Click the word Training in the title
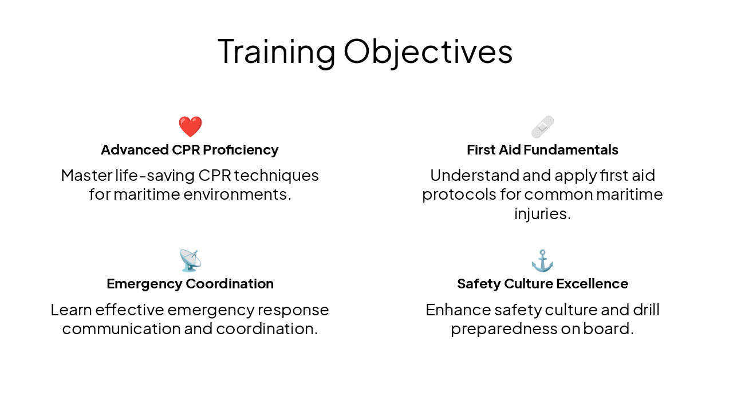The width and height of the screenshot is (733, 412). (276, 51)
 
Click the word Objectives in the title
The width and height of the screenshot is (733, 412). (428, 51)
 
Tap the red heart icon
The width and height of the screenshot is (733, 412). (190, 126)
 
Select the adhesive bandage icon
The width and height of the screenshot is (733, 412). (542, 126)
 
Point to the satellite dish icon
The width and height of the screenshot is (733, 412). (190, 261)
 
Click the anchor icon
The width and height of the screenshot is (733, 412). (542, 261)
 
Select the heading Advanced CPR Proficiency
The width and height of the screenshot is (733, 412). (190, 150)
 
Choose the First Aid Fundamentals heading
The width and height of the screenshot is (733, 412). (542, 150)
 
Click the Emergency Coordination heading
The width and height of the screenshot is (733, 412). (190, 284)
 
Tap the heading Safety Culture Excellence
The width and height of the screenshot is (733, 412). (542, 284)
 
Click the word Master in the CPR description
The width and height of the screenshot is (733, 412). (86, 175)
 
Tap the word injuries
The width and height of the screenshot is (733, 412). (542, 214)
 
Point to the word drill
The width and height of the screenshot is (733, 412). (646, 310)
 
